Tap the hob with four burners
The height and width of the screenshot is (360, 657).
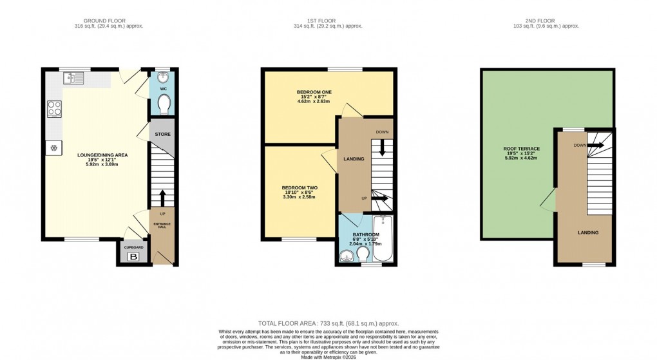pyautogui.click(x=53, y=109)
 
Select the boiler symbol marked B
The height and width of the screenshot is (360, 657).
pyautogui.click(x=134, y=257)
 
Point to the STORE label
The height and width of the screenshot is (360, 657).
pyautogui.click(x=162, y=135)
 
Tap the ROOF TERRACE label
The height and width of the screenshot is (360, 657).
pyautogui.click(x=521, y=149)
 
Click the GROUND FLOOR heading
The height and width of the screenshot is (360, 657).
pyautogui.click(x=108, y=21)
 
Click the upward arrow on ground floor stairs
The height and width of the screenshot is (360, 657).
pyautogui.click(x=162, y=196)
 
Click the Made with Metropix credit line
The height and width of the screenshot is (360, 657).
pyautogui.click(x=328, y=356)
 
